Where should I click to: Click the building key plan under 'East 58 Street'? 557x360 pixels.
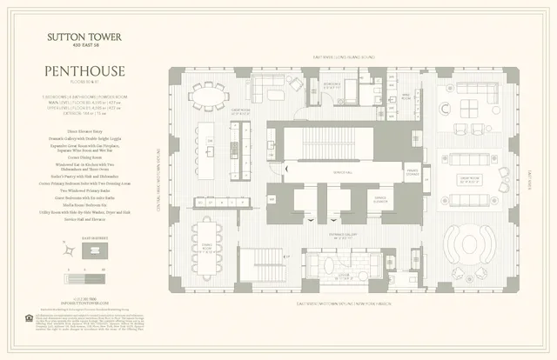pos(90,251)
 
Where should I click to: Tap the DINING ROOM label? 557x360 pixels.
pos(206,247)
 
